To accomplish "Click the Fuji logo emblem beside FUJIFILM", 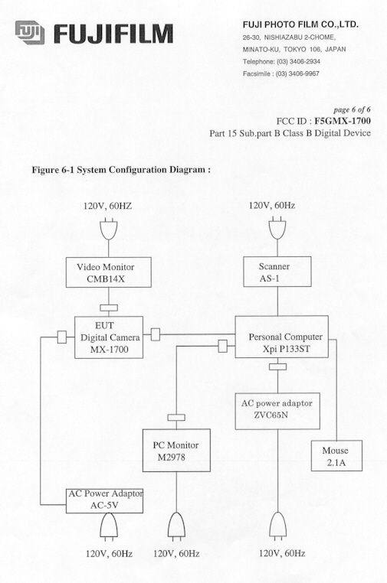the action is (30, 32).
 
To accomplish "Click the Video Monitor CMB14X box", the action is (108, 272).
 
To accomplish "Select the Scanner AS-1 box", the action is (277, 272).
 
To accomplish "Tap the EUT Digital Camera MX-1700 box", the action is (109, 337).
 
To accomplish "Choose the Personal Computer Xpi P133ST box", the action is (281, 337).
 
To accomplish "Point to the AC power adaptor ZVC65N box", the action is (277, 411).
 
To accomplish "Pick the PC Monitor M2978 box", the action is (176, 451).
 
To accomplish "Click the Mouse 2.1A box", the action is (336, 455).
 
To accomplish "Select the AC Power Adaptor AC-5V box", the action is (105, 501).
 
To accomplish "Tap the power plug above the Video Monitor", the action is (109, 230).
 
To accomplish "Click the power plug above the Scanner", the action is (277, 229).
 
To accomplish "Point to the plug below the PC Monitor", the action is (176, 526).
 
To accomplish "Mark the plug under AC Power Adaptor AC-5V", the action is (109, 526).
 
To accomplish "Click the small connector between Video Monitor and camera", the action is (109, 308).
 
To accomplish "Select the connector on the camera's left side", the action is (62, 337).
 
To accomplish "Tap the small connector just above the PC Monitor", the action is (176, 418).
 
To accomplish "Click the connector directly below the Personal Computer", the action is (277, 366).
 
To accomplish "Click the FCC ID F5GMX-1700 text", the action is (323, 121).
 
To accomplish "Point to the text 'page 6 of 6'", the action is (352, 109).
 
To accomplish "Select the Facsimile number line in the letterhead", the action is (280, 73).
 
